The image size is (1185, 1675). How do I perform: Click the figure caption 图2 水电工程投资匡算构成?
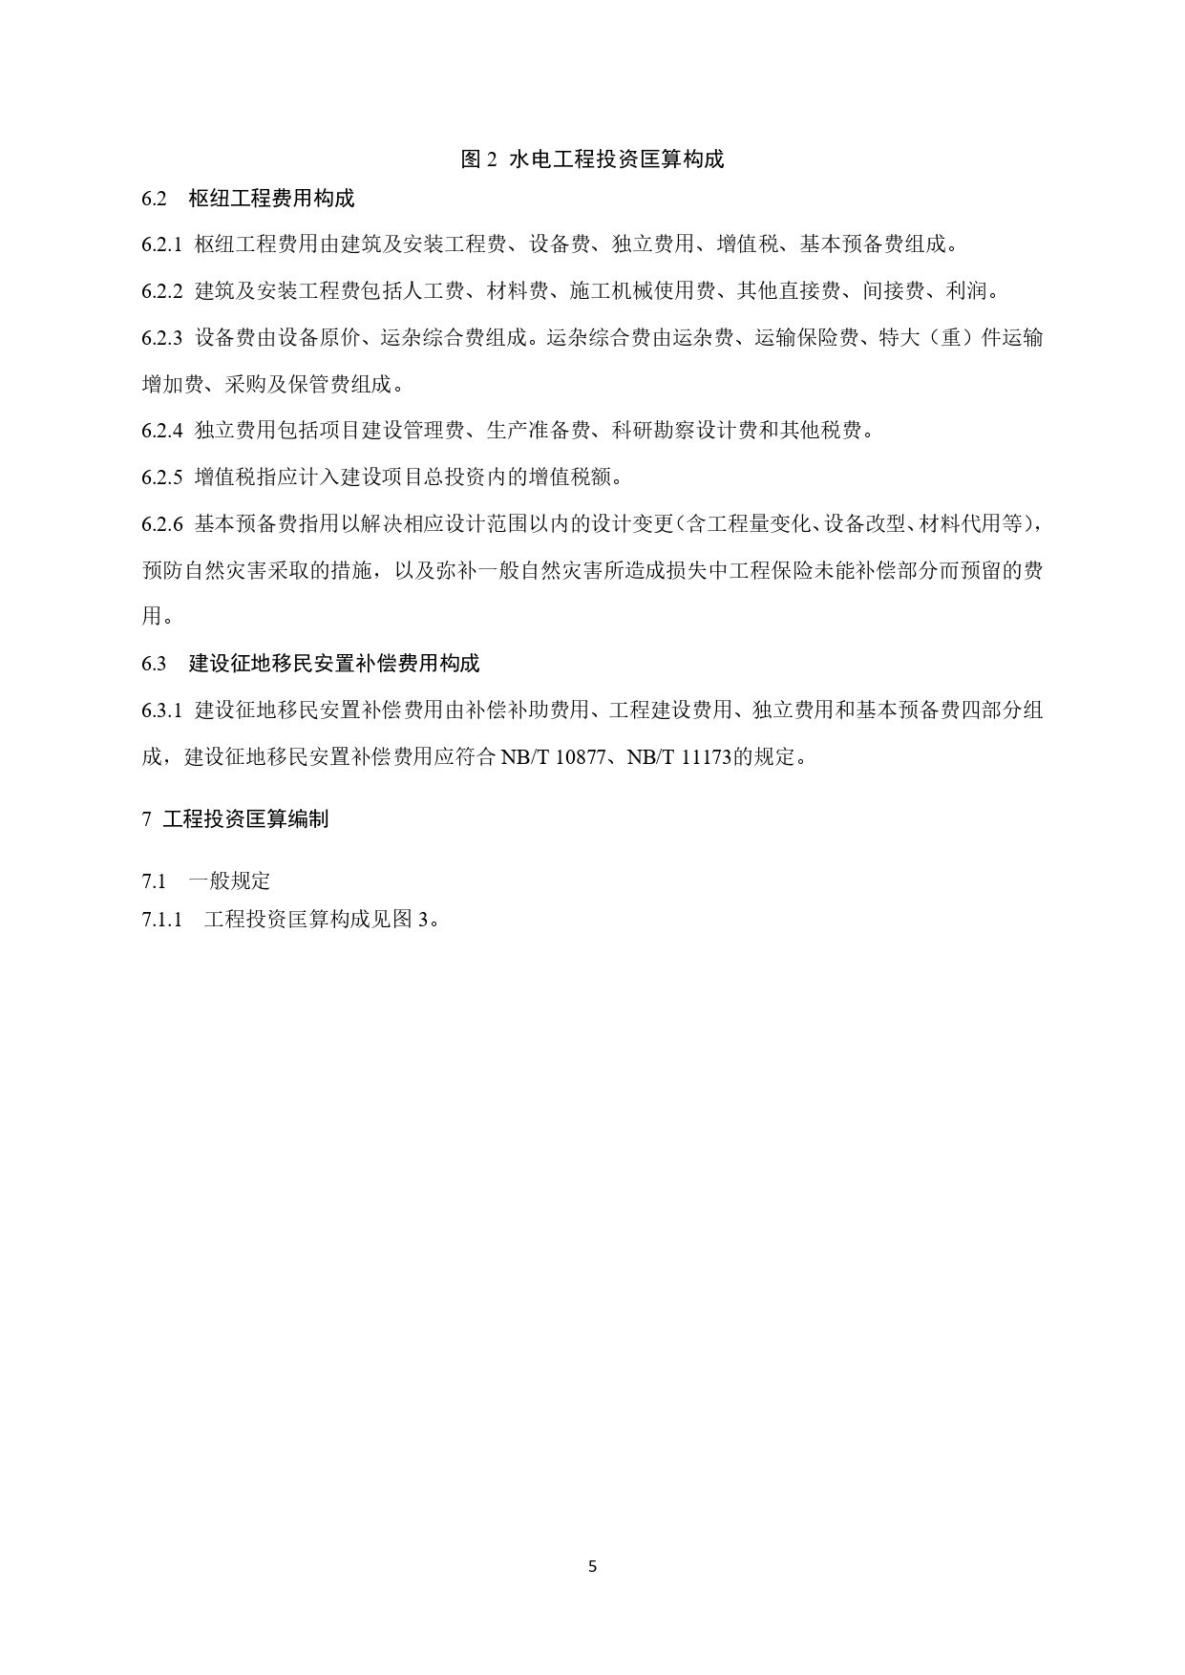[x=592, y=159]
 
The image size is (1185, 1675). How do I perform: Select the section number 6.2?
[x=154, y=199]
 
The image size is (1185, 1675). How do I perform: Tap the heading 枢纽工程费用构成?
[x=271, y=199]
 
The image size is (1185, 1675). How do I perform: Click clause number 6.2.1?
[x=161, y=244]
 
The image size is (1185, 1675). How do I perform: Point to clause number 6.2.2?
[x=161, y=291]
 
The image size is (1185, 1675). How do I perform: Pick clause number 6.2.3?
[x=161, y=338]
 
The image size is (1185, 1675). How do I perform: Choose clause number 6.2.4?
[x=161, y=431]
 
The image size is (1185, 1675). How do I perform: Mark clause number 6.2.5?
[x=161, y=477]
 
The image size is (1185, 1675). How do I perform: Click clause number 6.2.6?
[x=161, y=524]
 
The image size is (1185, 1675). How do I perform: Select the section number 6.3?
[x=154, y=664]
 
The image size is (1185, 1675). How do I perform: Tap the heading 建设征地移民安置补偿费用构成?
[x=334, y=664]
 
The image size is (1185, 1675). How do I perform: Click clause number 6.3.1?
[x=161, y=710]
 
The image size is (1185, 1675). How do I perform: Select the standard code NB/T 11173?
[x=679, y=758]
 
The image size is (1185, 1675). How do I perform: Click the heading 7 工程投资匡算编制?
[x=235, y=819]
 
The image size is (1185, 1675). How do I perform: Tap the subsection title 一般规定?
[x=229, y=880]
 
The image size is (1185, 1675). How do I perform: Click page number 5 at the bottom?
[x=592, y=1566]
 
